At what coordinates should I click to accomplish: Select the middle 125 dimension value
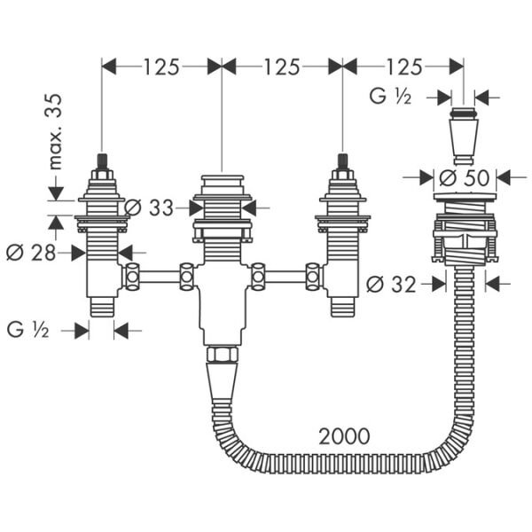click(x=281, y=66)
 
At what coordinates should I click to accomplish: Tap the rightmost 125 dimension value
click(x=403, y=66)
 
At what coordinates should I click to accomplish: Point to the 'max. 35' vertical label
click(x=56, y=133)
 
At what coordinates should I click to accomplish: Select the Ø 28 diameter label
click(x=30, y=253)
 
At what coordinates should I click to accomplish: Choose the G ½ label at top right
click(x=391, y=97)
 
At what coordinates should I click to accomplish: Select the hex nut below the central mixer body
click(x=221, y=355)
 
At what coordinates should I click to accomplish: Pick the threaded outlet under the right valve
click(x=341, y=307)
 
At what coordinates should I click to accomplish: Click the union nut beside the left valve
click(x=131, y=277)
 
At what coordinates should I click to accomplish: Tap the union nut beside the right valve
click(x=312, y=277)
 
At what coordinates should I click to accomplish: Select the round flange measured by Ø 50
click(x=464, y=198)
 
